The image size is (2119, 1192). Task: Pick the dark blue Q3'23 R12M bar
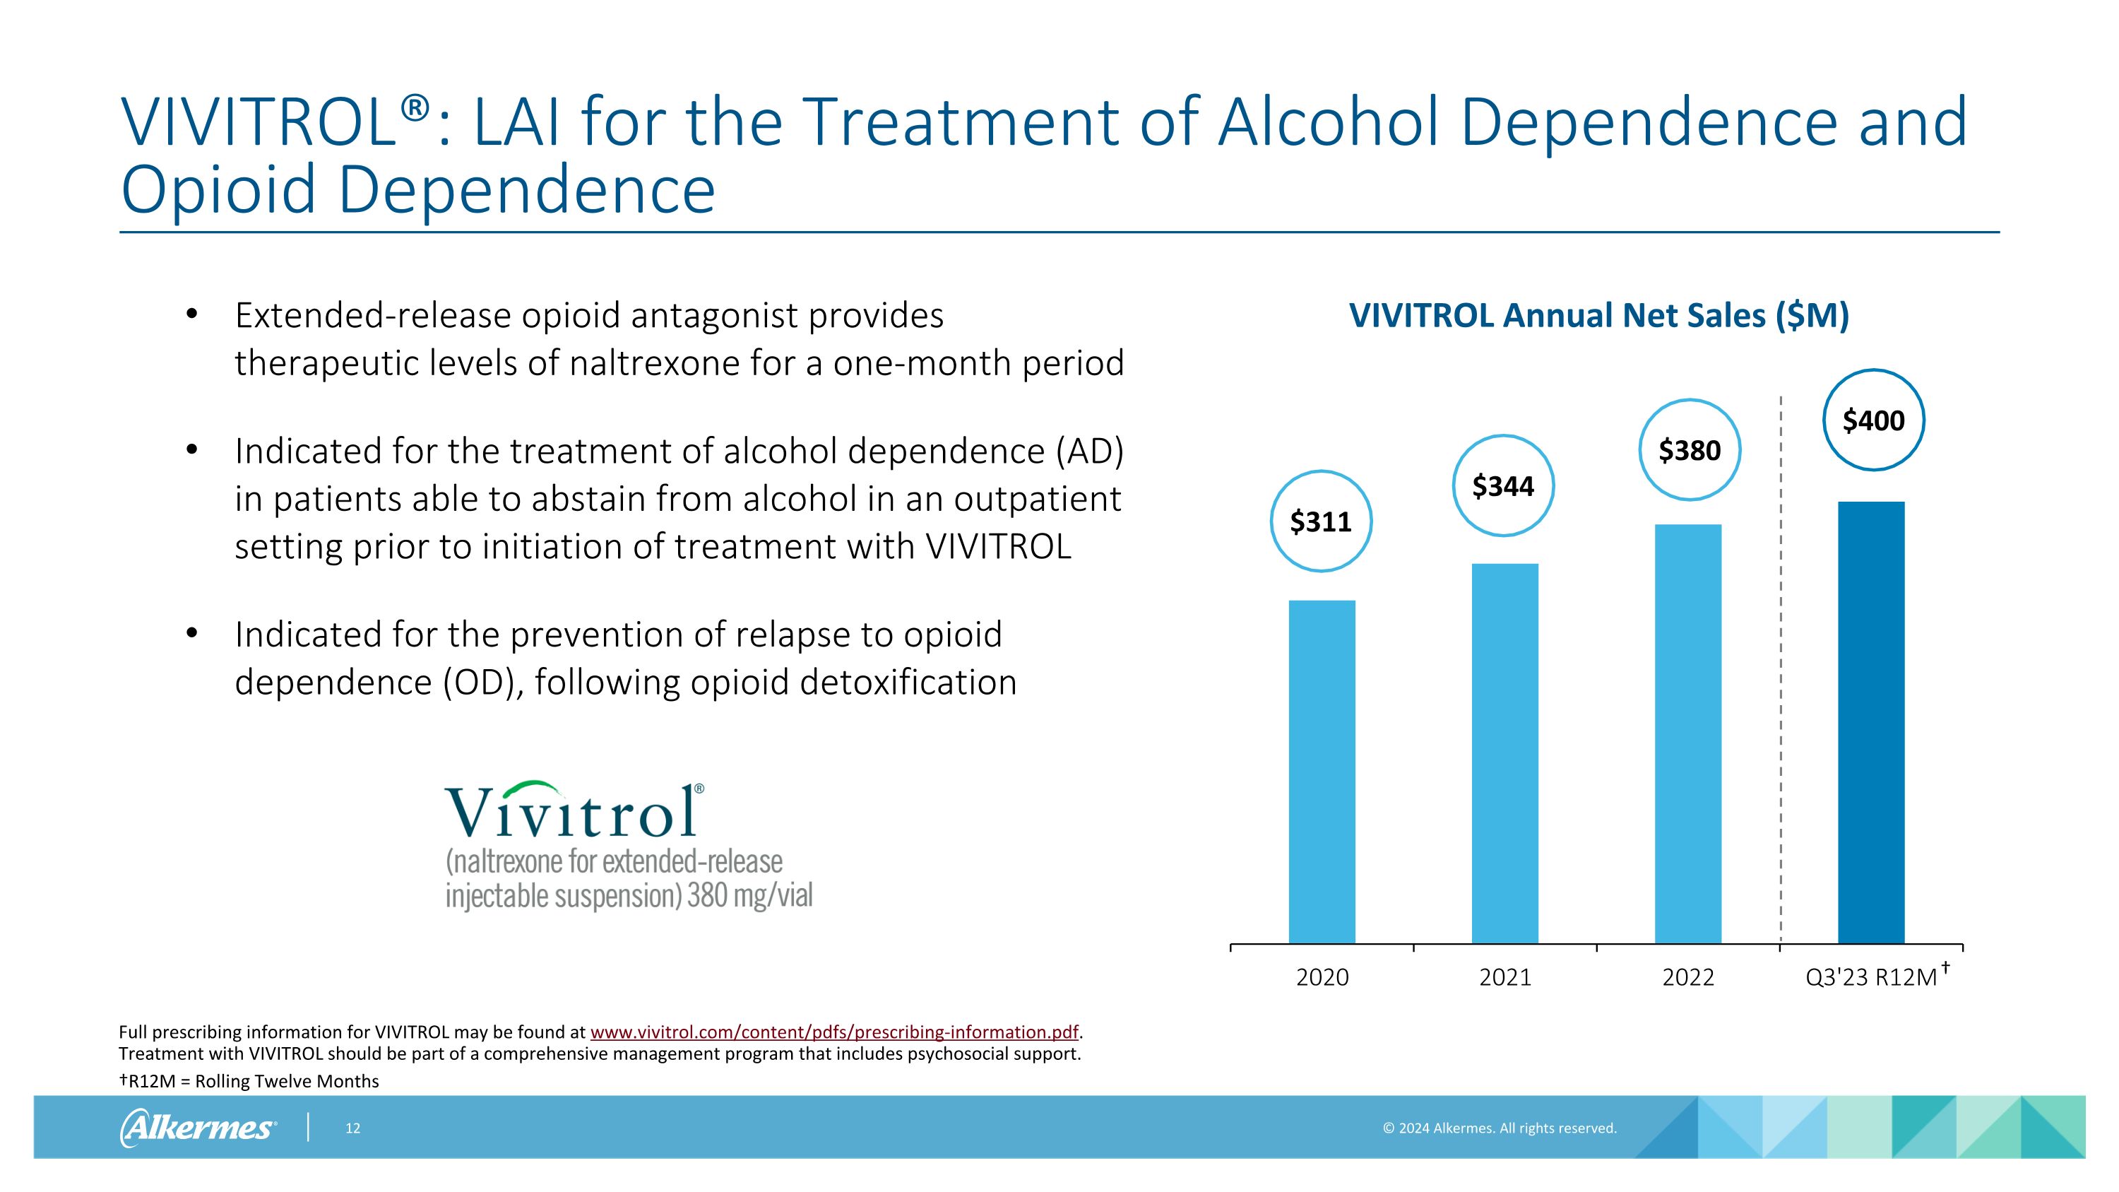pyautogui.click(x=1870, y=722)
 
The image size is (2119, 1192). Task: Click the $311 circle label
pyautogui.click(x=1321, y=521)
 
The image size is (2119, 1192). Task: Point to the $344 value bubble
pyautogui.click(x=1504, y=486)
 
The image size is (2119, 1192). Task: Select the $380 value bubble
pyautogui.click(x=1690, y=451)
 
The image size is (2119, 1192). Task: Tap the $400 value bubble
pyautogui.click(x=1873, y=420)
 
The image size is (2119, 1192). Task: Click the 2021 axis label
pyautogui.click(x=1505, y=977)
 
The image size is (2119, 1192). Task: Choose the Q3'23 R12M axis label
pyautogui.click(x=1871, y=977)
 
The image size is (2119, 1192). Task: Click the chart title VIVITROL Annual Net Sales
pyautogui.click(x=1598, y=316)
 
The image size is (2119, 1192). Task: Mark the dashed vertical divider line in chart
pyautogui.click(x=1781, y=658)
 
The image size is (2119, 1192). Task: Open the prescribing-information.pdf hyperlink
pyautogui.click(x=834, y=1032)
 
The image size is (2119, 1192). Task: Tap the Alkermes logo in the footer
pyautogui.click(x=198, y=1127)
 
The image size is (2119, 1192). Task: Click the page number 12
pyautogui.click(x=353, y=1128)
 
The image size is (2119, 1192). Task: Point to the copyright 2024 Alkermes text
pyautogui.click(x=1499, y=1128)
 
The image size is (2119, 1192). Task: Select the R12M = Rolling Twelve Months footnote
pyautogui.click(x=249, y=1081)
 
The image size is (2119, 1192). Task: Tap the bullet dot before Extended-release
pyautogui.click(x=191, y=314)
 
